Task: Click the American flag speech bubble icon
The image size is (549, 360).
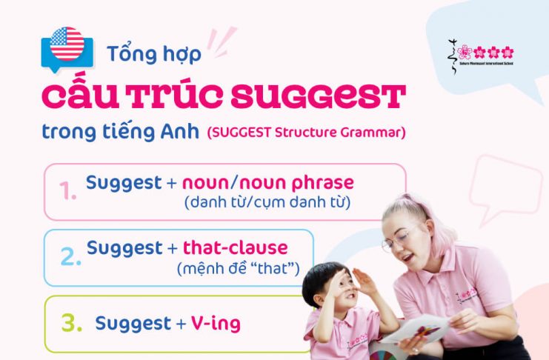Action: [67, 46]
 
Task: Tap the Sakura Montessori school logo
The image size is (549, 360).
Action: [482, 54]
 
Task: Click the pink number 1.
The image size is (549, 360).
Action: [68, 192]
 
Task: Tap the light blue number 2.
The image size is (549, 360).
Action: [70, 256]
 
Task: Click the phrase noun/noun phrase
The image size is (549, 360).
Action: [268, 182]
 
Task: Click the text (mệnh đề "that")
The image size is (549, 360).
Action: [238, 267]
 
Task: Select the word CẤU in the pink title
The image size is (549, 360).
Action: [82, 97]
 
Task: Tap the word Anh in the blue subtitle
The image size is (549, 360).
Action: [182, 133]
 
